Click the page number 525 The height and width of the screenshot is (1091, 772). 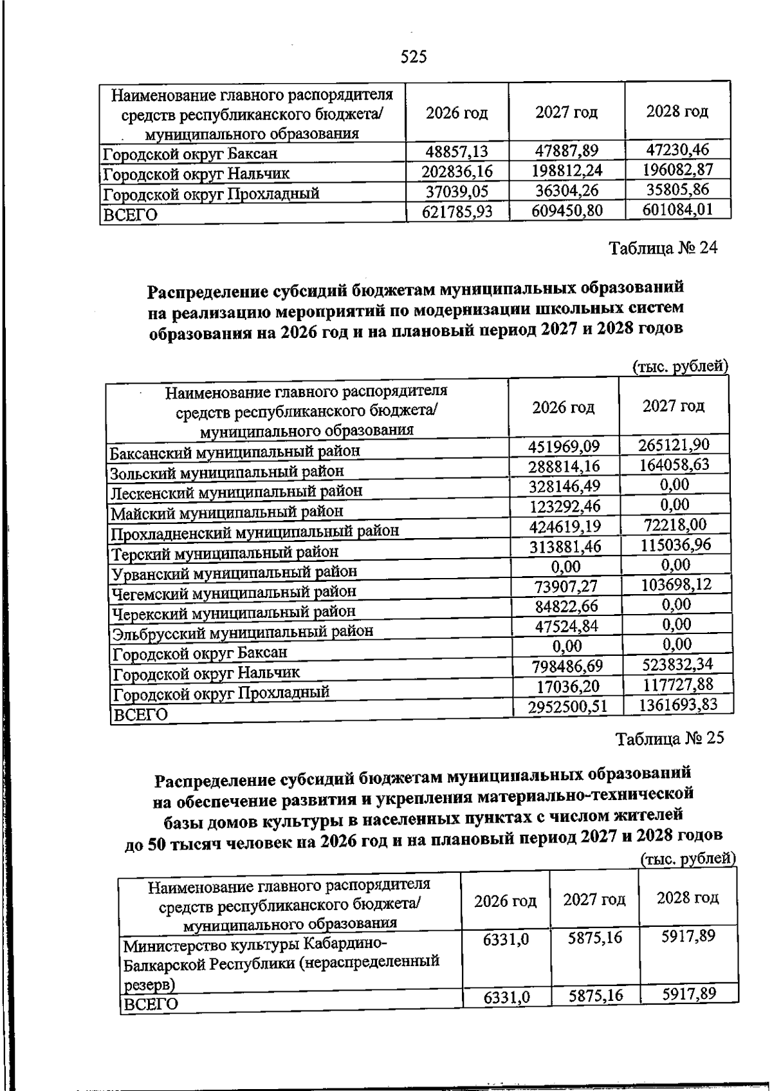click(414, 57)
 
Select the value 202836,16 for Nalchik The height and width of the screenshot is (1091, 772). click(457, 172)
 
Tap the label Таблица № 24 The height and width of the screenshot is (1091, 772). click(663, 248)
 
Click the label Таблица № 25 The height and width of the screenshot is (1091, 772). click(670, 738)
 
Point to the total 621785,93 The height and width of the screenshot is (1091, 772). click(457, 212)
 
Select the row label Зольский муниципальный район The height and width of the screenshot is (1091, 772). click(226, 472)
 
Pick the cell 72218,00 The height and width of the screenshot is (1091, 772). click(675, 525)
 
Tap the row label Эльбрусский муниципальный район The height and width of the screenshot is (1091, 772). click(243, 632)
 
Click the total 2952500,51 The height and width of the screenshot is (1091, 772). click(567, 706)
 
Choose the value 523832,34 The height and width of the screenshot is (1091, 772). click(677, 664)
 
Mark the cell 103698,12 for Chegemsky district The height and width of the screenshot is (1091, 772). click(675, 584)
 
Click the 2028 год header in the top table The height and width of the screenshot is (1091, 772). click(677, 111)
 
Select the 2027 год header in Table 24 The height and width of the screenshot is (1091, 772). click(674, 406)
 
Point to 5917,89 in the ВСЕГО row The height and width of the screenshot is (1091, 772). click(688, 994)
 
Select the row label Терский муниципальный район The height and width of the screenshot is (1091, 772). click(225, 552)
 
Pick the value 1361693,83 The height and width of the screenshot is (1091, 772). click(677, 705)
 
